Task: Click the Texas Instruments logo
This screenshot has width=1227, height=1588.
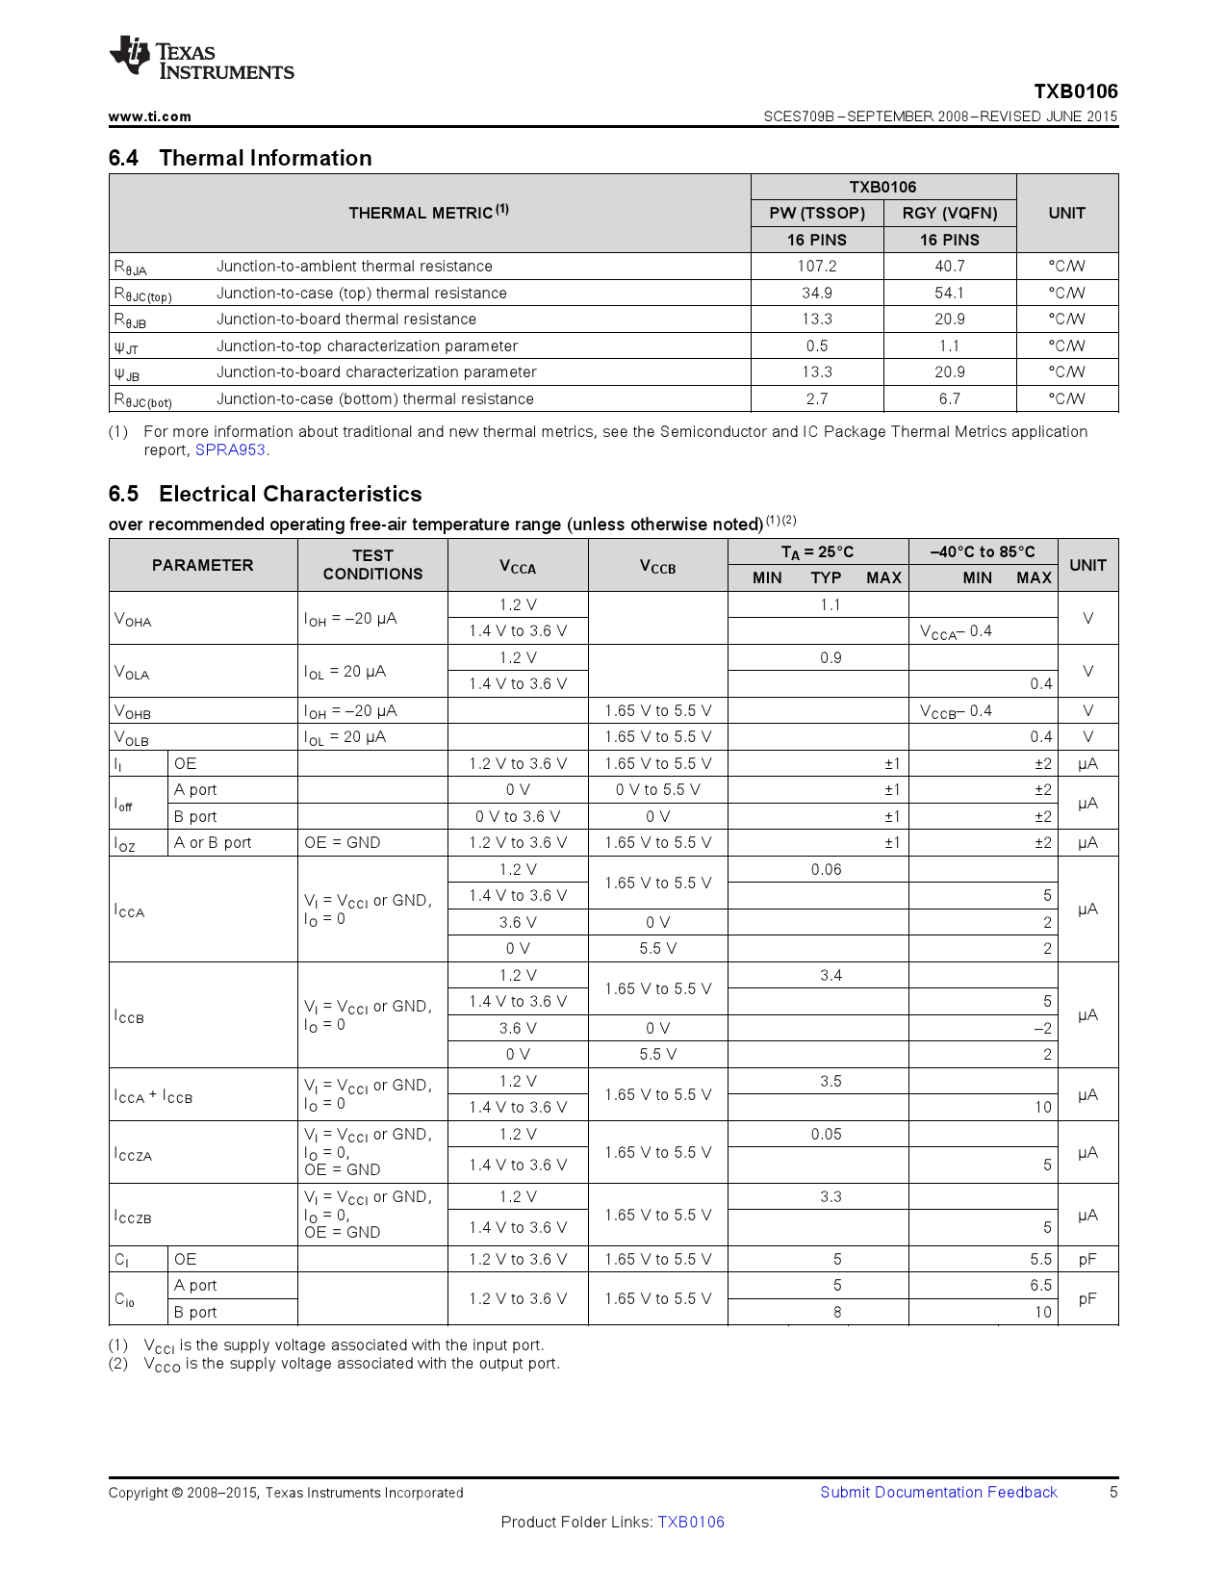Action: pos(201,59)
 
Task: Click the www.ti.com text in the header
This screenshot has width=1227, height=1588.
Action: pos(150,116)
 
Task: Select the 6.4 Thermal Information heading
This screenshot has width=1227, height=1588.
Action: pos(240,158)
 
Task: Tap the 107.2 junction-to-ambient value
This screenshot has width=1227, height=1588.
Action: pos(816,267)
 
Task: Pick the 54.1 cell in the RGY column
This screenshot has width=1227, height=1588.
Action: pos(949,293)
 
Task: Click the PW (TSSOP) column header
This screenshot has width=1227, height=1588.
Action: pos(816,213)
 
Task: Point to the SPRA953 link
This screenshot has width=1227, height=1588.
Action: pos(230,450)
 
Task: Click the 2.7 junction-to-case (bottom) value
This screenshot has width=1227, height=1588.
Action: pos(816,398)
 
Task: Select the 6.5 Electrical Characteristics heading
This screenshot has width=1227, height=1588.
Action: pos(265,494)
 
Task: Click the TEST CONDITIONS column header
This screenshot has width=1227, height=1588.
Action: pos(372,565)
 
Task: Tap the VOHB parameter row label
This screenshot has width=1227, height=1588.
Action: pos(133,711)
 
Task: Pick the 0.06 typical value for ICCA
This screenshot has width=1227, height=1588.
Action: pos(826,870)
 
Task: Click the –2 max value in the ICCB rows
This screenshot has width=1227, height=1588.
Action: pos(1042,1029)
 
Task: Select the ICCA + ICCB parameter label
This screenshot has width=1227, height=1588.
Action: pos(153,1096)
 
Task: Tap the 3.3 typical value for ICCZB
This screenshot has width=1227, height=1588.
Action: pos(831,1197)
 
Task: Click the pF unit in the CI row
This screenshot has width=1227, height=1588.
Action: pos(1087,1260)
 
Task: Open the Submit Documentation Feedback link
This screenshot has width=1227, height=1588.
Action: pos(938,1493)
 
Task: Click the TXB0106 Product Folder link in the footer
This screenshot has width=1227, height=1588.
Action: pos(691,1523)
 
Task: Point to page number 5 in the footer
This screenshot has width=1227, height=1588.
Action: pos(1113,1493)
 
